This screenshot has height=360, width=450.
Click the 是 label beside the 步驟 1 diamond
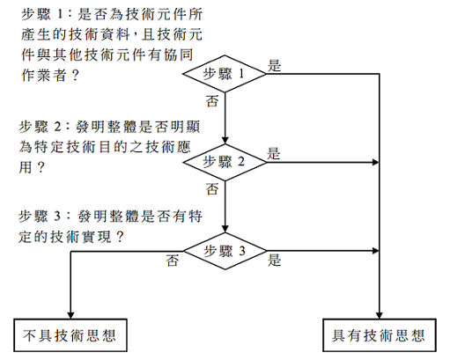tap(274, 65)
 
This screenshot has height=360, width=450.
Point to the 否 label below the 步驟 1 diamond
tap(212, 101)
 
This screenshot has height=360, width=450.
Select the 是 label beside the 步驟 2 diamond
tap(273, 153)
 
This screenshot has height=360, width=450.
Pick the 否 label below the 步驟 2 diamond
tap(212, 189)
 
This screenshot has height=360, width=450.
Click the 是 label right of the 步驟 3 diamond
tap(274, 260)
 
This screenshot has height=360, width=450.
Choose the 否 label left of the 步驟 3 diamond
tap(173, 261)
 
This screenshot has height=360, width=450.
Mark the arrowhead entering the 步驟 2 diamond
tap(225, 140)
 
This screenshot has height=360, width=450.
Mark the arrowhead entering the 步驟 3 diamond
tap(225, 229)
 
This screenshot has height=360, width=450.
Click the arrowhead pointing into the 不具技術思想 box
tap(70, 315)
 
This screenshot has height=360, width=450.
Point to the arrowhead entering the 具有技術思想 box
tap(380, 315)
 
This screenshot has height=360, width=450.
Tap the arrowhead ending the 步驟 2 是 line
tap(375, 162)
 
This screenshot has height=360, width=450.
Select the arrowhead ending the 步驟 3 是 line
tap(375, 251)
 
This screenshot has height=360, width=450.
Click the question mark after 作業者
tap(75, 75)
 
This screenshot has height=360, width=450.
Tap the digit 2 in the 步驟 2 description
tap(57, 127)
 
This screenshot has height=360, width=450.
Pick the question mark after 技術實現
tap(120, 237)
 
